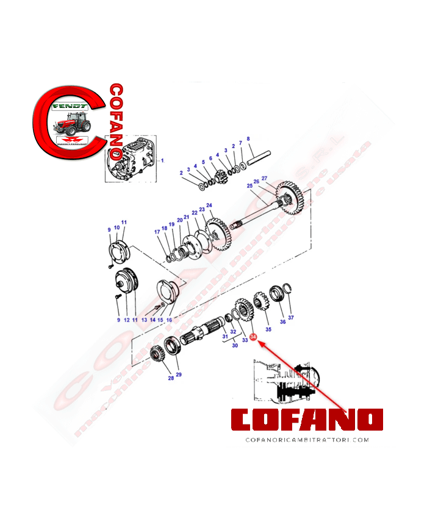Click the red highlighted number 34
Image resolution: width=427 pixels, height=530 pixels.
pos(253,336)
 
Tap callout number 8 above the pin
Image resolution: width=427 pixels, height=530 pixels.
pos(248,139)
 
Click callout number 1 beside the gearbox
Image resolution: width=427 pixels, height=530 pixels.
pos(162,160)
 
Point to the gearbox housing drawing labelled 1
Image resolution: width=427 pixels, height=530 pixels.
pos(131,160)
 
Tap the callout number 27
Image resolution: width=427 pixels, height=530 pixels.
pos(265,178)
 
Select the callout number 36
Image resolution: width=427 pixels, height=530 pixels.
pos(282,321)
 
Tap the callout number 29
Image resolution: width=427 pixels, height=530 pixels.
pos(179,374)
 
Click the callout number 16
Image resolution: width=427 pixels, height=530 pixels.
pos(169,320)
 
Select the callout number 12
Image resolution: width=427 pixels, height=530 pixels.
pos(127,320)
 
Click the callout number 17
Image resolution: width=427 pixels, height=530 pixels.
pos(157,232)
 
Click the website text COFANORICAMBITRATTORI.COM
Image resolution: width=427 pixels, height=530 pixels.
pos(307,439)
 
